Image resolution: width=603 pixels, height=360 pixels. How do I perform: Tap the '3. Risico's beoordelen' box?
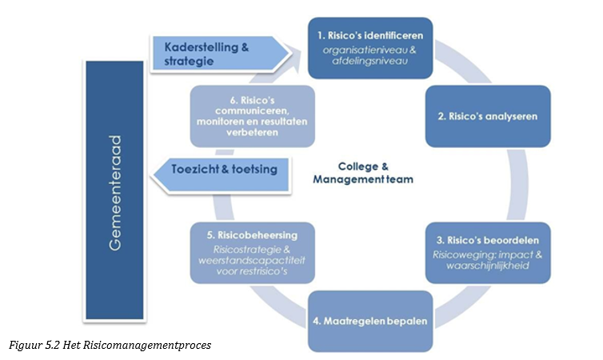coord(487,252)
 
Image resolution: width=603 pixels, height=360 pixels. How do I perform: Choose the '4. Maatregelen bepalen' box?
coord(368,322)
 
